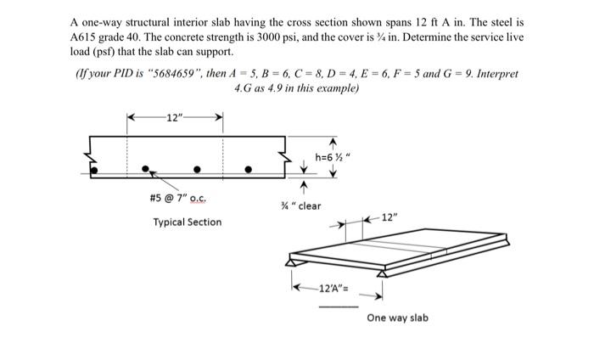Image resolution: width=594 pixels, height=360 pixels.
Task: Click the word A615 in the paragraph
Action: pyautogui.click(x=87, y=39)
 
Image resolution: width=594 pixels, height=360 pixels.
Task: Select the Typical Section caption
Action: pyautogui.click(x=188, y=222)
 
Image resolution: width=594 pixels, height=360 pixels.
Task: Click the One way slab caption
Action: pyautogui.click(x=397, y=318)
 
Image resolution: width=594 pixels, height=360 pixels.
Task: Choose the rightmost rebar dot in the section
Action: pyautogui.click(x=249, y=169)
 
